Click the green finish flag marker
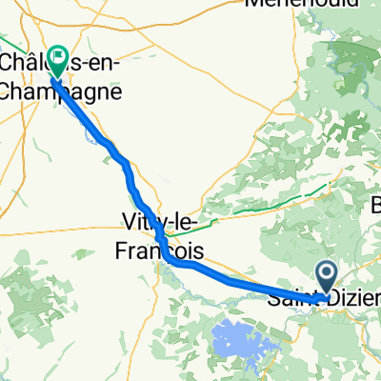(57, 62)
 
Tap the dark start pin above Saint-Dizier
(326, 278)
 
